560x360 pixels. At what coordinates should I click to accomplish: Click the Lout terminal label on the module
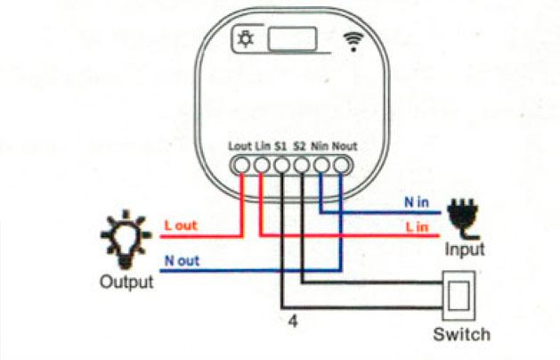[240, 146]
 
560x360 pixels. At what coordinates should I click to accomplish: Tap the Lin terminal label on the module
[263, 146]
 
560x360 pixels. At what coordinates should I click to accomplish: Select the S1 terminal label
[280, 146]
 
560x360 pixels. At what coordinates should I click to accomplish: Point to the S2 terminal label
[300, 146]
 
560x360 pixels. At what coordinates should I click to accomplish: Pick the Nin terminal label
[320, 146]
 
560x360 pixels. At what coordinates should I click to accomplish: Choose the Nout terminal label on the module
[345, 146]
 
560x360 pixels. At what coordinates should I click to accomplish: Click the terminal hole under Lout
[242, 165]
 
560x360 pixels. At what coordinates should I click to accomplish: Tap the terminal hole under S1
[282, 165]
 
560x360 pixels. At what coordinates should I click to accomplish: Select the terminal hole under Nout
[341, 165]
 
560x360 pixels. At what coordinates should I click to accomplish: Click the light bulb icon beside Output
[126, 240]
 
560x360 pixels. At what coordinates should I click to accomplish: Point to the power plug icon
[463, 219]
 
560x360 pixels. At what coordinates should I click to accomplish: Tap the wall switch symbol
[459, 295]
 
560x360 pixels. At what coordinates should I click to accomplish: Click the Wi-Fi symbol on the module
[353, 42]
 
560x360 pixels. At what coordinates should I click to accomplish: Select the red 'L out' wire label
[181, 225]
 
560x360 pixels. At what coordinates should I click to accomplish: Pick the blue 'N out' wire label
[182, 260]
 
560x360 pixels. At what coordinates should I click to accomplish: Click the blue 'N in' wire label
[417, 202]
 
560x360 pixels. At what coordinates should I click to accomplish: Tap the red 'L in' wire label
[418, 227]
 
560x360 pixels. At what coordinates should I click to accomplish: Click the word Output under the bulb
[126, 282]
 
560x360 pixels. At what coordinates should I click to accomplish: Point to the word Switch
[461, 335]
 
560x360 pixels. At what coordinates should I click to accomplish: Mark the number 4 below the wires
[293, 322]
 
